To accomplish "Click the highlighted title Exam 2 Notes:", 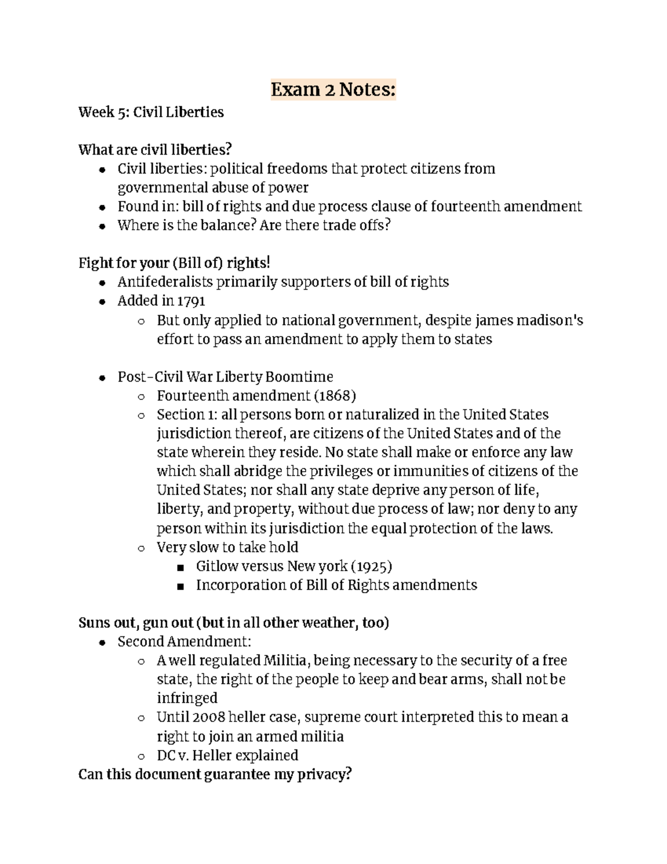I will pos(333,90).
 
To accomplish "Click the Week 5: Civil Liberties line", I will pos(151,112).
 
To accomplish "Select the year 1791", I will pos(191,302).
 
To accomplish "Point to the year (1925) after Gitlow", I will pos(371,566).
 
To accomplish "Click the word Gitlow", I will pos(215,566).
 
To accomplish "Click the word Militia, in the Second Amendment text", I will pos(287,661).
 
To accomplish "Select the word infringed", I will pos(187,698).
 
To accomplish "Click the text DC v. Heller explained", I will pos(227,756).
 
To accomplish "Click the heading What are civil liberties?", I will pos(155,150).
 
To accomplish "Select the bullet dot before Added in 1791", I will pos(102,302).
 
